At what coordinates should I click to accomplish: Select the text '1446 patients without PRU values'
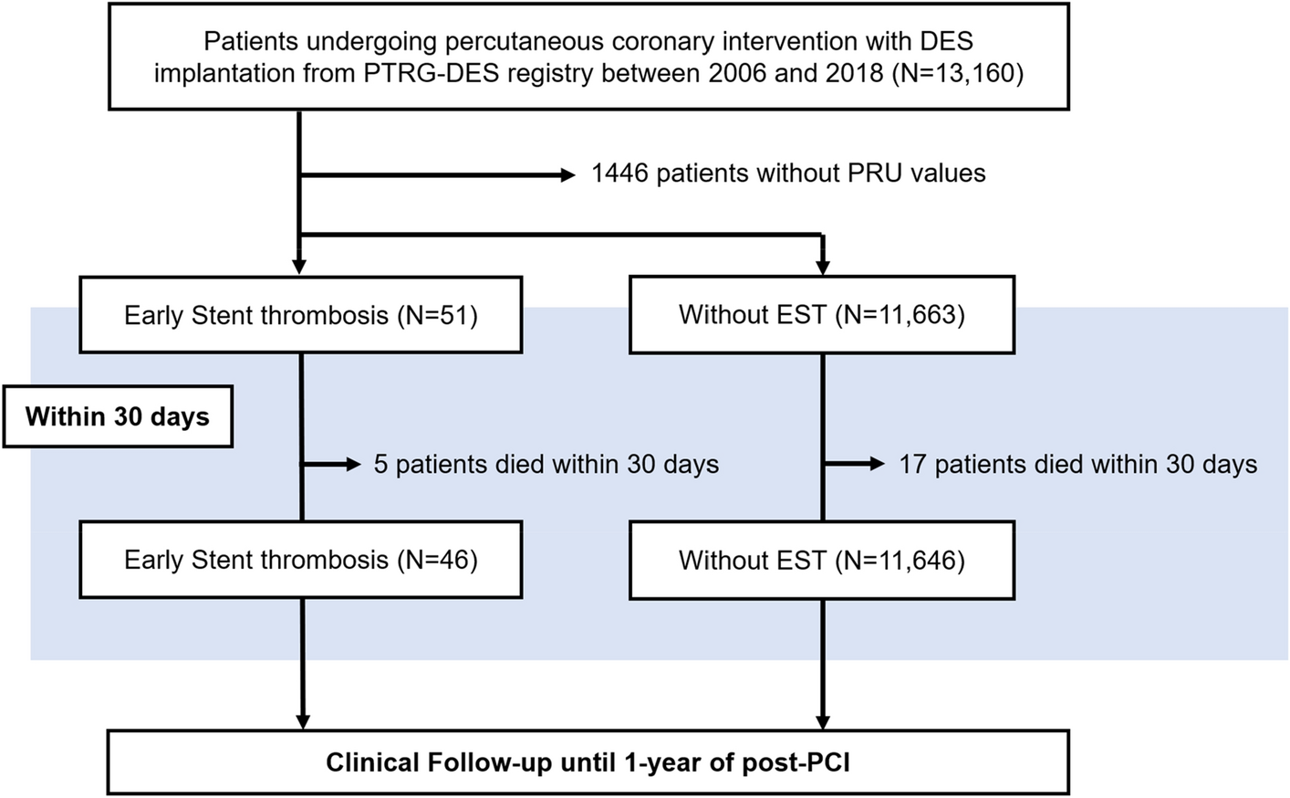click(788, 173)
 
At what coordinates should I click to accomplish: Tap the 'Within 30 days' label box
click(118, 417)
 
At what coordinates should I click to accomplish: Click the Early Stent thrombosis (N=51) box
click(301, 316)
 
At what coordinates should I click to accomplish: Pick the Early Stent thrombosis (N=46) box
click(301, 560)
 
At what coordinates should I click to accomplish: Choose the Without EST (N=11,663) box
click(822, 316)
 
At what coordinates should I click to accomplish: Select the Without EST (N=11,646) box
click(822, 560)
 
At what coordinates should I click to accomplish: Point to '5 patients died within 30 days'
click(546, 465)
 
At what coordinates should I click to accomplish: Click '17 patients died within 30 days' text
click(1077, 465)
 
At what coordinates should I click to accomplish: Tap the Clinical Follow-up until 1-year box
click(588, 762)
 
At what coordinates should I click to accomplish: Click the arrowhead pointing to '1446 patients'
click(568, 173)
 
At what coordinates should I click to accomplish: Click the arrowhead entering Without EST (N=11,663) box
click(823, 266)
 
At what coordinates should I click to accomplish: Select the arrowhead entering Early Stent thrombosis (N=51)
click(300, 266)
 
